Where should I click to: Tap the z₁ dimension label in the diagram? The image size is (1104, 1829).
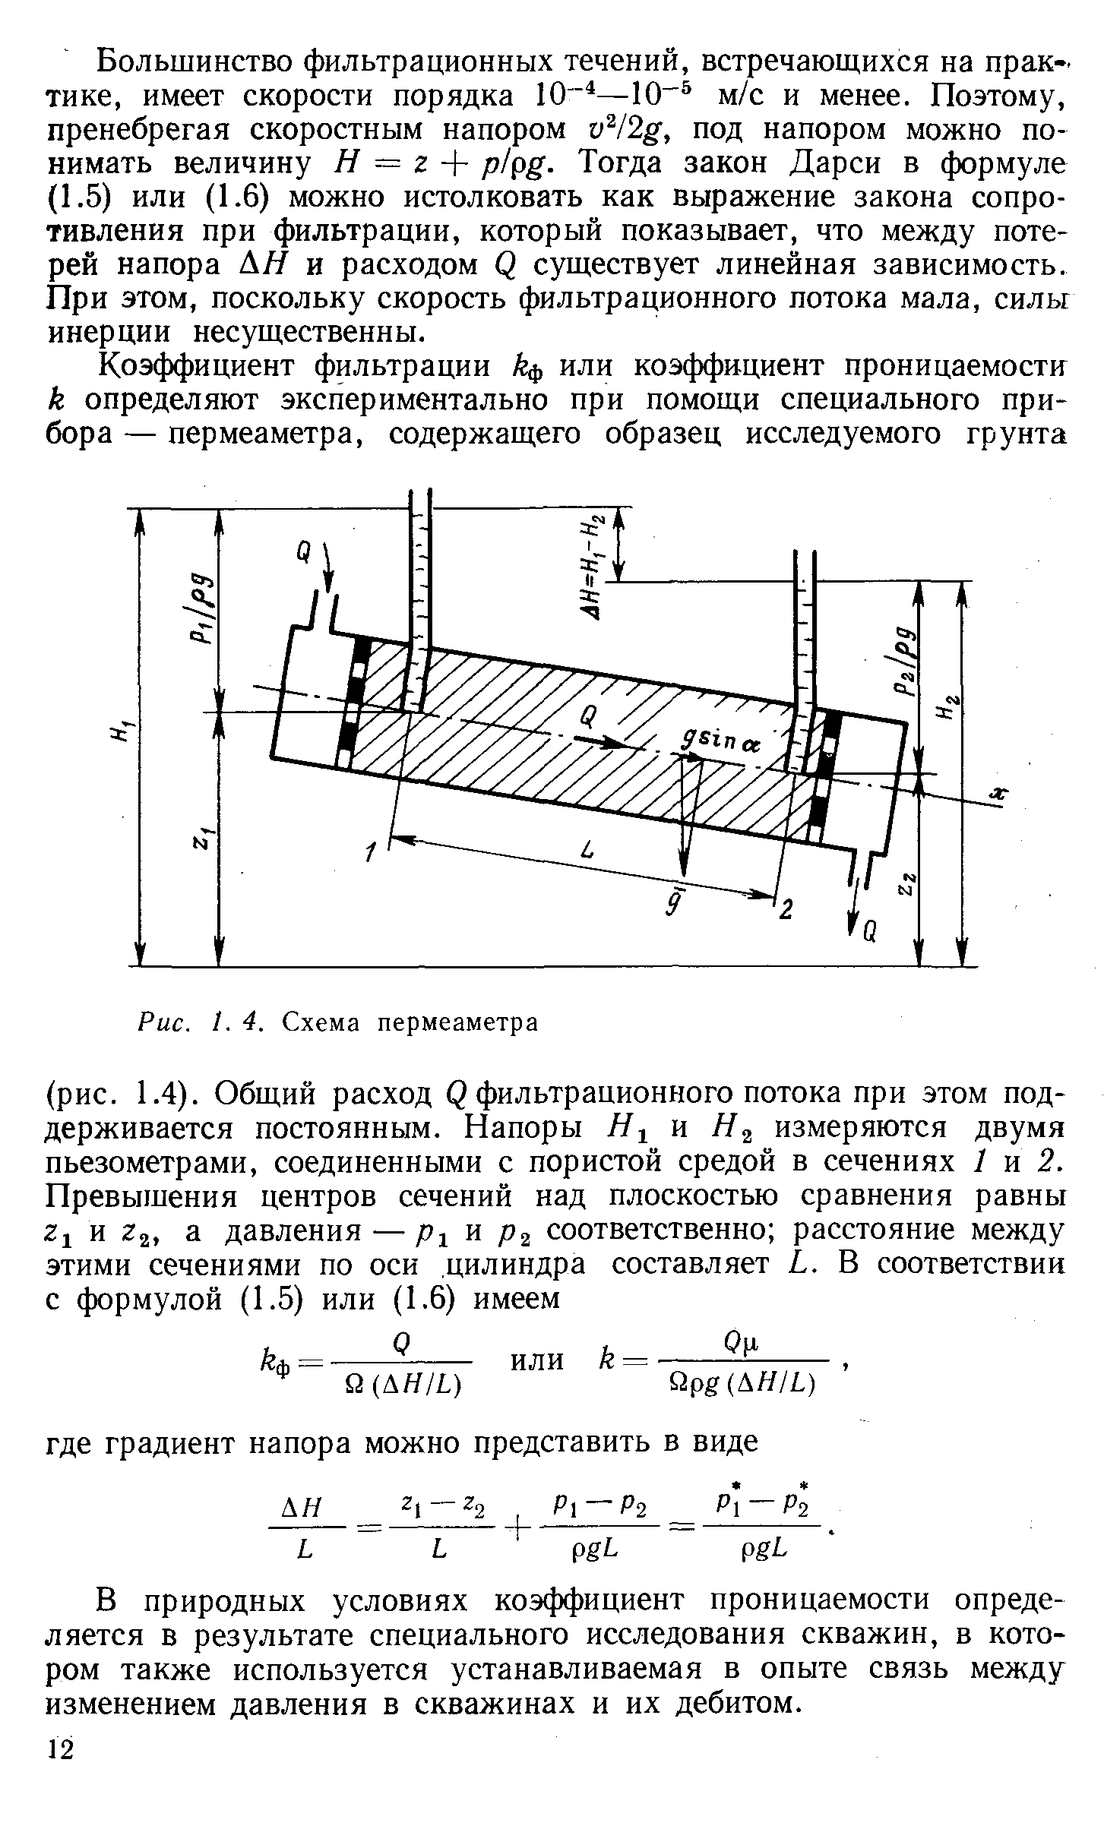pyautogui.click(x=202, y=839)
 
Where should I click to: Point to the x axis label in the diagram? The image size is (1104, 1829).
pyautogui.click(x=1000, y=794)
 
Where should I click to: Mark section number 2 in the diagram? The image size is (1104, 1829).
pyautogui.click(x=787, y=909)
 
